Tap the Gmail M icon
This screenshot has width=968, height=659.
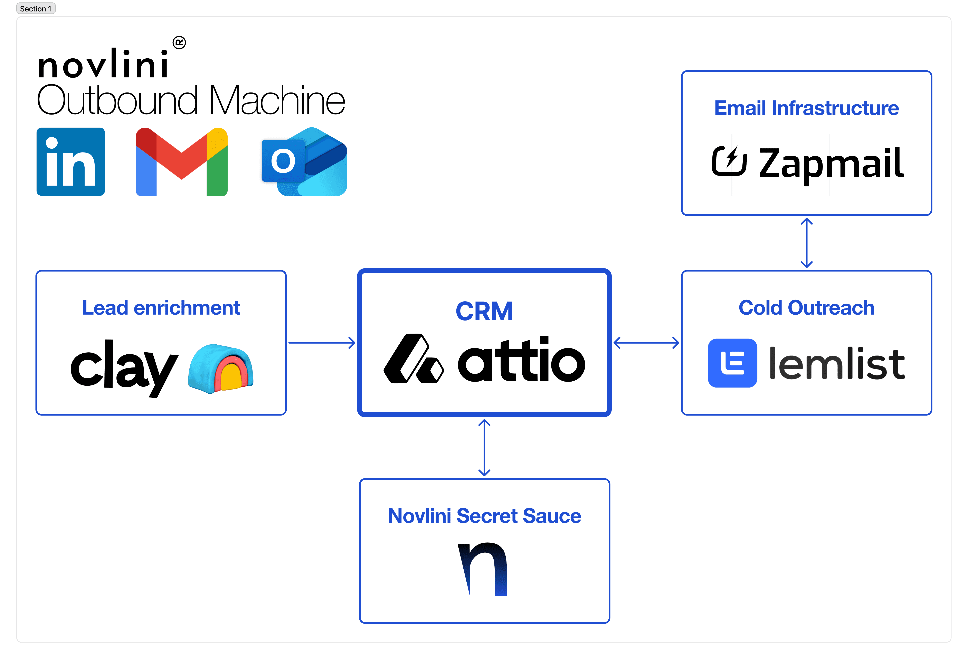point(182,162)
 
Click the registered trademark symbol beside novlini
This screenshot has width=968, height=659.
point(179,42)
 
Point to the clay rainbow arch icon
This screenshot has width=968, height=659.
point(221,368)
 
